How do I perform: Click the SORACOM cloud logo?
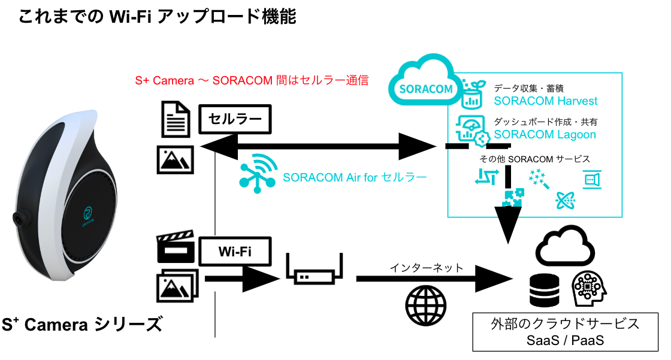click(424, 84)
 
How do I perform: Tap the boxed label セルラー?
click(235, 120)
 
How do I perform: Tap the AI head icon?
click(590, 289)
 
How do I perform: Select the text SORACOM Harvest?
click(545, 101)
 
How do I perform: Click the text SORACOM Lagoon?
click(545, 134)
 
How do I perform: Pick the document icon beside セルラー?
click(176, 119)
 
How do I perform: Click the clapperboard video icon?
click(176, 246)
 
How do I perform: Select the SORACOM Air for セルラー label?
click(355, 177)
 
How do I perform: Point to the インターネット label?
click(427, 267)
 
